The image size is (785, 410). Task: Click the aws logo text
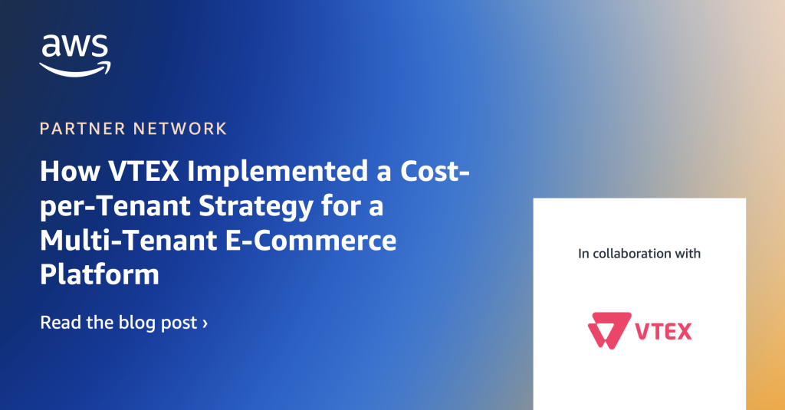pos(75,47)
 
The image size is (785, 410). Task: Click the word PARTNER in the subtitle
pos(83,129)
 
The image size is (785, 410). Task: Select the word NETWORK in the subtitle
pos(180,129)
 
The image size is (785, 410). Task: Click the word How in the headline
pos(70,171)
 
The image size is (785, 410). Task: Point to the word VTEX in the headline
pos(143,171)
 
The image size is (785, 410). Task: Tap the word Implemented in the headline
pos(278,171)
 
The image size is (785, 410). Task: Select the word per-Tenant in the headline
pos(115,206)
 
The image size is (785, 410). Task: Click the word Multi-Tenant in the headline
pos(128,241)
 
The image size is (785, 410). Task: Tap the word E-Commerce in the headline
pos(310,241)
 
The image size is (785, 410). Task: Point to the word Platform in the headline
pos(100,274)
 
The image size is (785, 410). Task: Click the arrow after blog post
pos(205,323)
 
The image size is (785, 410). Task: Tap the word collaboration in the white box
pos(632,254)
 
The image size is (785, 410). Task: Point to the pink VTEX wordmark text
pos(663,331)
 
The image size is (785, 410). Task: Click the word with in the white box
pos(688,254)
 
